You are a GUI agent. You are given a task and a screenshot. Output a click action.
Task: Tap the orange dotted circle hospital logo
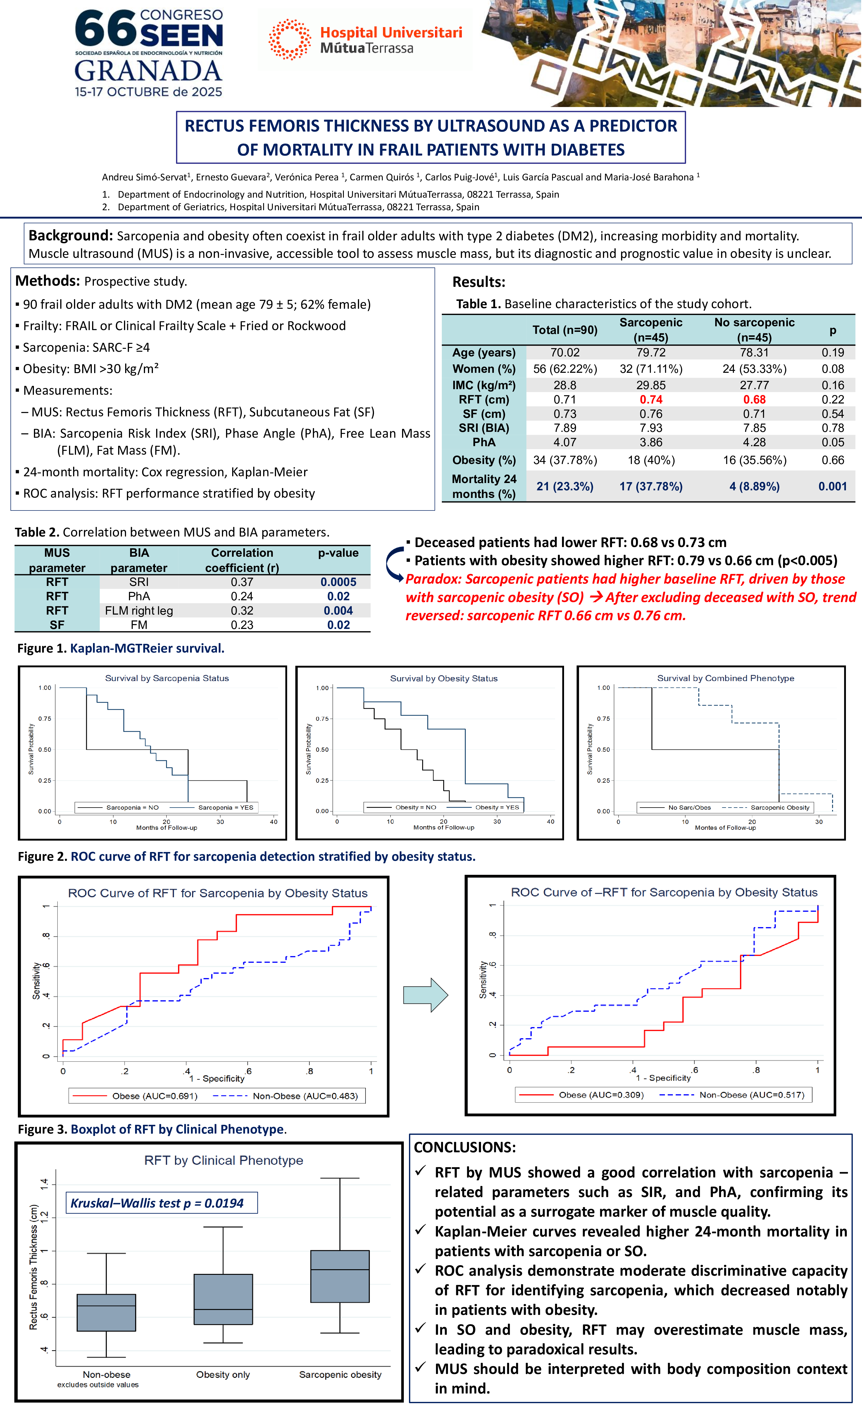pyautogui.click(x=289, y=39)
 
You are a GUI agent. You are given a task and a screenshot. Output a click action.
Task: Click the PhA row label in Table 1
pyautogui.click(x=484, y=442)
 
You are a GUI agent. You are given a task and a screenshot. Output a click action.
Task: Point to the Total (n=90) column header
pyautogui.click(x=565, y=330)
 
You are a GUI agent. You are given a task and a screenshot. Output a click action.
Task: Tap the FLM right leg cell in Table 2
pyautogui.click(x=139, y=611)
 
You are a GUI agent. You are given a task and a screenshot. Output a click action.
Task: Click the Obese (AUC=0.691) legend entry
pyautogui.click(x=154, y=1096)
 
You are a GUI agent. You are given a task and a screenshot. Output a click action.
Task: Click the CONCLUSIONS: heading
pyautogui.click(x=464, y=1147)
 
